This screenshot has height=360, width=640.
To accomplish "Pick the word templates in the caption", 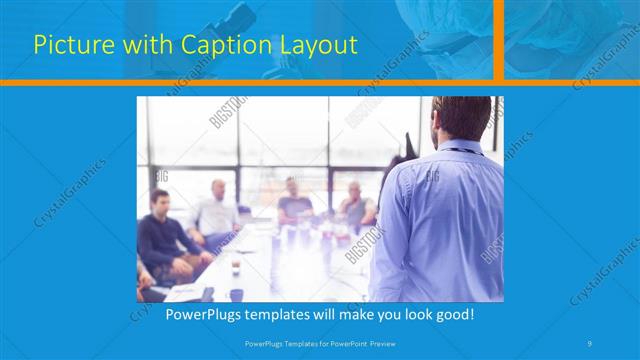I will coord(283,314).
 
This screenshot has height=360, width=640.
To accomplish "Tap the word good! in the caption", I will coord(453,314).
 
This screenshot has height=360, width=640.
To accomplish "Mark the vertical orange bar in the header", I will coord(498,40).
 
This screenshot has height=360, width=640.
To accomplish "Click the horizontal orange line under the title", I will coord(250,82).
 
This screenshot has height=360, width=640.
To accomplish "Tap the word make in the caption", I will coord(367,314).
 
